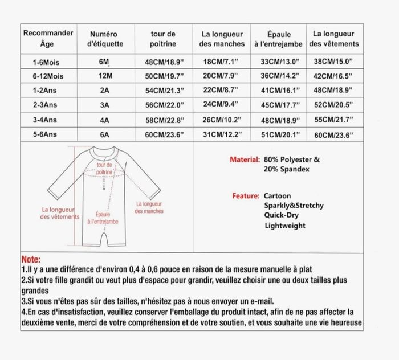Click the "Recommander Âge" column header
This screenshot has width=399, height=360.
(x=48, y=38)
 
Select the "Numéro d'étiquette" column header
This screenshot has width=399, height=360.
(x=104, y=38)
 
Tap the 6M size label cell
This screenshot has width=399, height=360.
(x=104, y=60)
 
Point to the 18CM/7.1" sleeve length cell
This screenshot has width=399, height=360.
(x=222, y=60)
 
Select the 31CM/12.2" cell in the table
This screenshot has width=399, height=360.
(x=222, y=135)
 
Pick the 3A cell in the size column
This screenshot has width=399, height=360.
(x=104, y=105)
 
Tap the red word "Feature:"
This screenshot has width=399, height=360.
(x=246, y=195)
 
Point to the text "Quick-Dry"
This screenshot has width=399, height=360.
(x=281, y=215)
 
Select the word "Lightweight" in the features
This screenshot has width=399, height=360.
(x=285, y=226)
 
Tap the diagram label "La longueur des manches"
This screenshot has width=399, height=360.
(x=149, y=207)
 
